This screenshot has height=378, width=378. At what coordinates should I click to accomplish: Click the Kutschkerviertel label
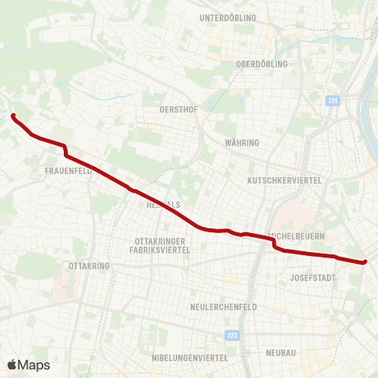284,180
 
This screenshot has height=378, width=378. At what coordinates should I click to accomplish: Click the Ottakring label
89,266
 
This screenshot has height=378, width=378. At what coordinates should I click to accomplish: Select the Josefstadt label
313,278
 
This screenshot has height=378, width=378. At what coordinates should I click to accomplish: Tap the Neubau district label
281,353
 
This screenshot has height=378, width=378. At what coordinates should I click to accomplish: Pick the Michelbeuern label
297,235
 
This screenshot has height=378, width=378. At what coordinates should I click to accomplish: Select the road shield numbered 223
230,335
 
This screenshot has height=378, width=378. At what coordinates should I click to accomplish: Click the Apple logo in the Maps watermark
12,365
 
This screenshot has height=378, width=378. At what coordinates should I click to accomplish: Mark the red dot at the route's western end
13,117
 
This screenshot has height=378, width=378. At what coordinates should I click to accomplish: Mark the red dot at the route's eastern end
365,262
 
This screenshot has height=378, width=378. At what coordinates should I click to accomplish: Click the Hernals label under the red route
164,204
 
